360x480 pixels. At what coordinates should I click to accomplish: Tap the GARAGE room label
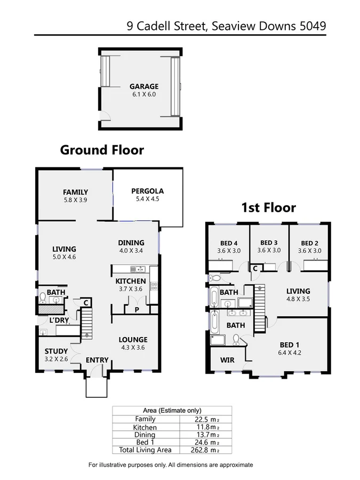click(144, 86)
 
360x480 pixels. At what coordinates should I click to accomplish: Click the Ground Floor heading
click(102, 150)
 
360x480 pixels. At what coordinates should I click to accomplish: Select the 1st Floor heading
click(269, 207)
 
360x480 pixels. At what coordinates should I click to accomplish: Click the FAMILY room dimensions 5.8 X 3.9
click(75, 200)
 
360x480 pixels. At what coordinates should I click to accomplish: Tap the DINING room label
click(131, 243)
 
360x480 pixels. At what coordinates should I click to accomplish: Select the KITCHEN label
click(131, 281)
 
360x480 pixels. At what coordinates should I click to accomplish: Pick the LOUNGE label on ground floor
click(133, 340)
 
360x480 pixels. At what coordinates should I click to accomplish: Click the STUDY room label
click(56, 351)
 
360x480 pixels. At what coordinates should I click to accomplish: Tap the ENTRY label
click(97, 361)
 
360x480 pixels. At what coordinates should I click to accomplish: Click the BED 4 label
click(228, 243)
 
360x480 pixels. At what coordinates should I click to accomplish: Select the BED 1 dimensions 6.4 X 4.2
click(290, 353)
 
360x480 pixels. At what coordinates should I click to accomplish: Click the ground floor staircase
click(86, 325)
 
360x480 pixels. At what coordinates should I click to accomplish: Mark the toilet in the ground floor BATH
click(43, 297)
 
